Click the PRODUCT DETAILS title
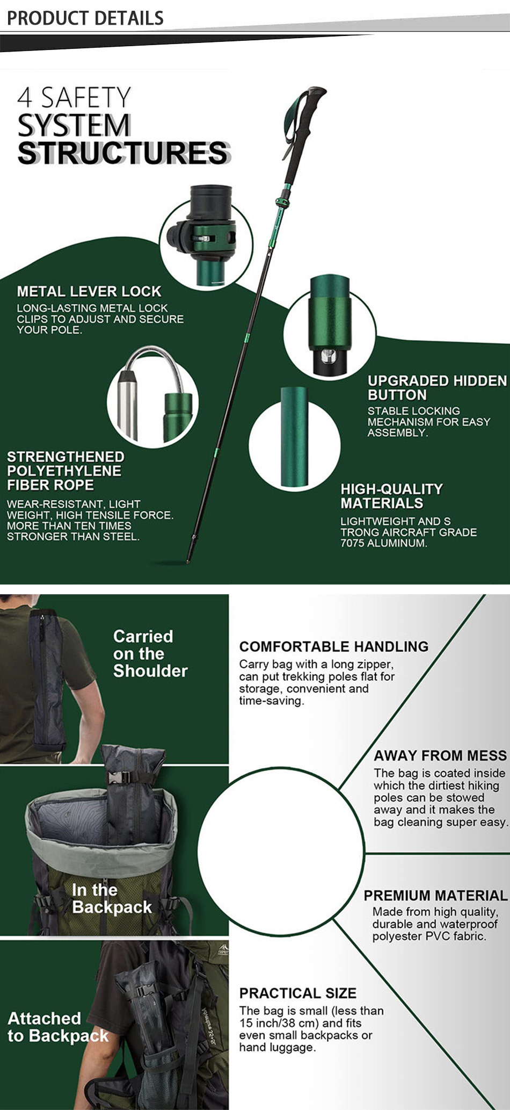pyautogui.click(x=85, y=18)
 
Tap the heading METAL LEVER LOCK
pyautogui.click(x=89, y=291)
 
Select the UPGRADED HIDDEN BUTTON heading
pyautogui.click(x=437, y=387)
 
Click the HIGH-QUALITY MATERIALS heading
pyautogui.click(x=392, y=496)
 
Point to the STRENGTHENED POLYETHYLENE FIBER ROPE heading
pyautogui.click(x=65, y=471)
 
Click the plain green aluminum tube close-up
pyautogui.click(x=294, y=435)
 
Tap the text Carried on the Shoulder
pyautogui.click(x=150, y=653)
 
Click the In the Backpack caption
pyautogui.click(x=112, y=898)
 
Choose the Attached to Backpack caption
pyautogui.click(x=58, y=1027)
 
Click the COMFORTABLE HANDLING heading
pyautogui.click(x=334, y=646)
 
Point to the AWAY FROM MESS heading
pyautogui.click(x=440, y=755)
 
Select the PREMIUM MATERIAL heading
pyautogui.click(x=435, y=896)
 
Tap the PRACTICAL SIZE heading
pyautogui.click(x=298, y=993)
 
